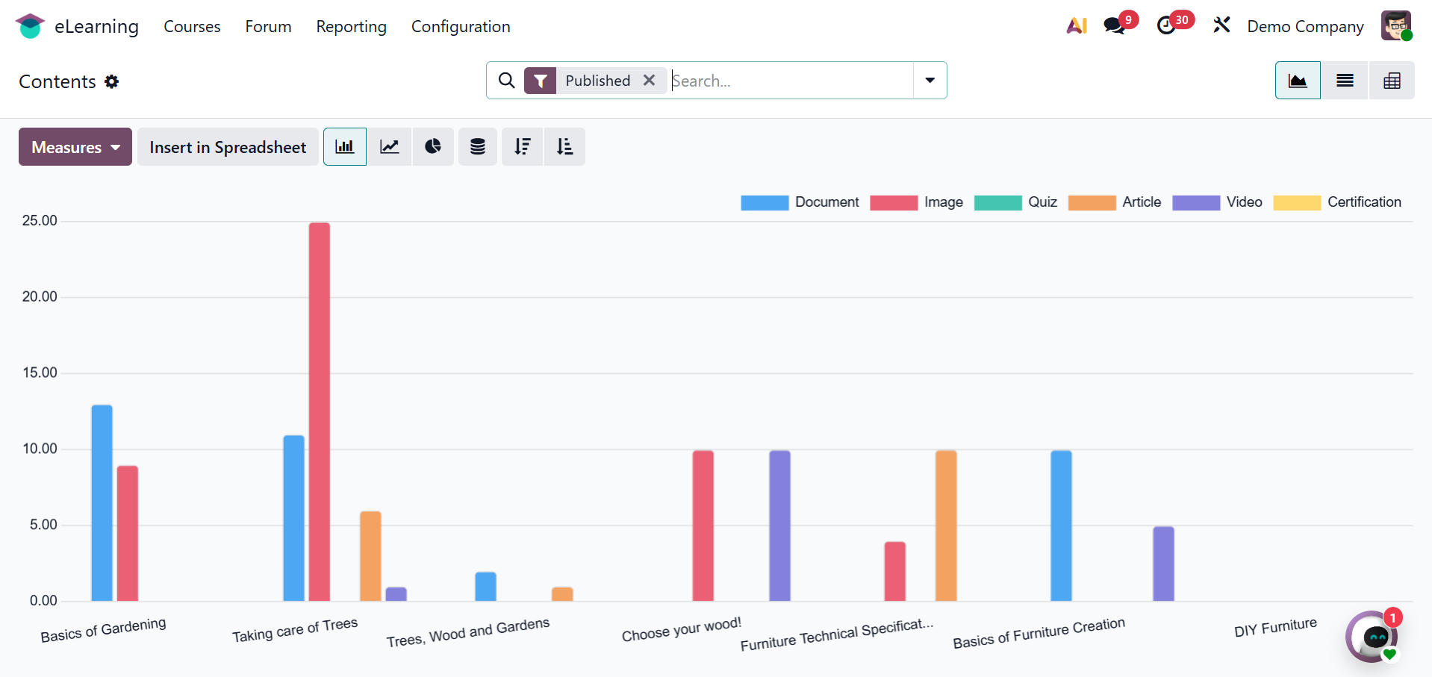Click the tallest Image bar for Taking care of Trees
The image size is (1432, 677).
point(319,411)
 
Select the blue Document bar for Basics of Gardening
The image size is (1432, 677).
point(102,502)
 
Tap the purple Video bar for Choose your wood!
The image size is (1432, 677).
point(779,525)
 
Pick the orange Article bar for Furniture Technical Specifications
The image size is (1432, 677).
point(946,525)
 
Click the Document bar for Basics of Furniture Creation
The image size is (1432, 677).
point(1061,525)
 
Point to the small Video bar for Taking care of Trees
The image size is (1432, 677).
point(396,594)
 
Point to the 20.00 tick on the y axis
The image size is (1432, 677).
point(40,296)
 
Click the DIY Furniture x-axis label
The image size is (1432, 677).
point(1275,628)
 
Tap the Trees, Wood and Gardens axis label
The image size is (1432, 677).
point(468,632)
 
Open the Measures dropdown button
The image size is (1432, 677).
point(75,147)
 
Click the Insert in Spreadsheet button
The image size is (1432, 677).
point(228,147)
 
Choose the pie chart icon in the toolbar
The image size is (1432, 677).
point(433,146)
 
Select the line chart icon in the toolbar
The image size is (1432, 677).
point(389,146)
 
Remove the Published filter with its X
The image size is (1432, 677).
point(650,80)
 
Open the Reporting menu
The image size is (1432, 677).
point(351,27)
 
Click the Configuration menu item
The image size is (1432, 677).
point(461,27)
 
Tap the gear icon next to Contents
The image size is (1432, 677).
point(112,81)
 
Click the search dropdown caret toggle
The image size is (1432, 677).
point(930,80)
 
